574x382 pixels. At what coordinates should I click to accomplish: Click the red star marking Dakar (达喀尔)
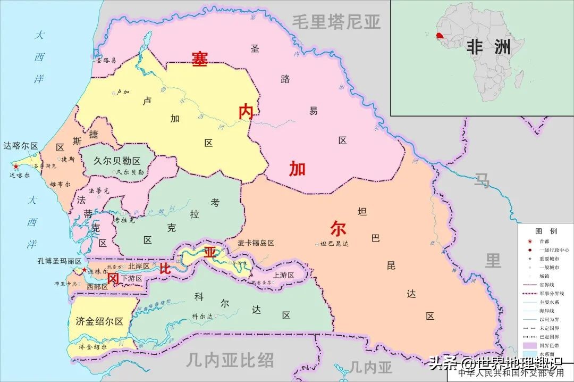click(x=16, y=167)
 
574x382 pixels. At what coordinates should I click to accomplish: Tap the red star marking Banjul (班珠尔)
click(x=84, y=270)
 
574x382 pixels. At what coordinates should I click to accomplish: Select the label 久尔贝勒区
click(x=116, y=161)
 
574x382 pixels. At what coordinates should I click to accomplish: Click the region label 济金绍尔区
click(x=99, y=321)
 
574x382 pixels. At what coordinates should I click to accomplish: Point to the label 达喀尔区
click(x=20, y=146)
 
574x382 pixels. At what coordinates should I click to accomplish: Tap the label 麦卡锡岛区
click(x=256, y=243)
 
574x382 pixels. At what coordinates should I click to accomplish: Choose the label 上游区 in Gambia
click(x=283, y=275)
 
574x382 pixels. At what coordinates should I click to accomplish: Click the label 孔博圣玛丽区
click(x=60, y=261)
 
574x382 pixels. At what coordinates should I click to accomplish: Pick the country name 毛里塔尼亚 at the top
click(x=336, y=22)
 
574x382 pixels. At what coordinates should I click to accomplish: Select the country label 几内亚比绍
click(x=230, y=361)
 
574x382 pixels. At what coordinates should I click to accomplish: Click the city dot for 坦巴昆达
click(x=317, y=244)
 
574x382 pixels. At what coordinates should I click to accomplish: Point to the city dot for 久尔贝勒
click(x=113, y=172)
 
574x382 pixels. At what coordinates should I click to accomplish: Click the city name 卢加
click(x=122, y=92)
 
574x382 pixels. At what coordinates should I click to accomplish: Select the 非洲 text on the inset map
click(x=488, y=47)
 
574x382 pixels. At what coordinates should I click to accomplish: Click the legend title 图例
click(x=546, y=231)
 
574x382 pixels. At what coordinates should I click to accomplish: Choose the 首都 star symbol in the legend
click(x=529, y=241)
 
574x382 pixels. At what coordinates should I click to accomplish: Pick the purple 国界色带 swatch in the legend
click(x=529, y=345)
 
